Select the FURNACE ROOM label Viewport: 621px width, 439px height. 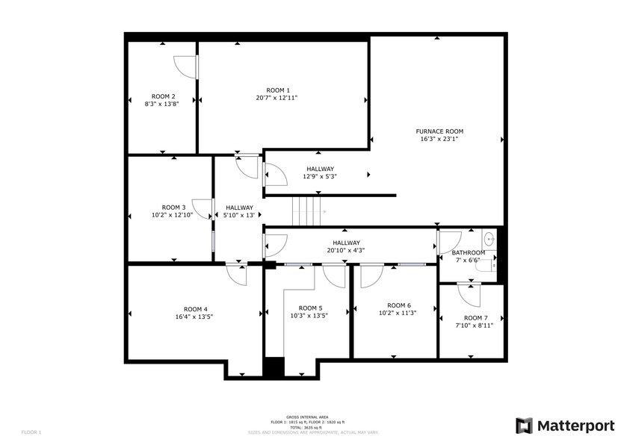[x=440, y=131]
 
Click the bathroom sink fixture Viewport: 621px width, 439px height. [x=489, y=239]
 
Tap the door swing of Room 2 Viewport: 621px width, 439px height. [x=185, y=67]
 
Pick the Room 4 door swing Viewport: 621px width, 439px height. [x=237, y=275]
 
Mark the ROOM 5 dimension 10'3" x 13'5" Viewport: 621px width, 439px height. [x=310, y=315]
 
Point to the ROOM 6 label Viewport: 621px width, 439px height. [x=399, y=305]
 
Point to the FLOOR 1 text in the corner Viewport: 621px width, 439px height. [x=31, y=432]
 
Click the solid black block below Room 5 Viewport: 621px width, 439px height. [x=274, y=367]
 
